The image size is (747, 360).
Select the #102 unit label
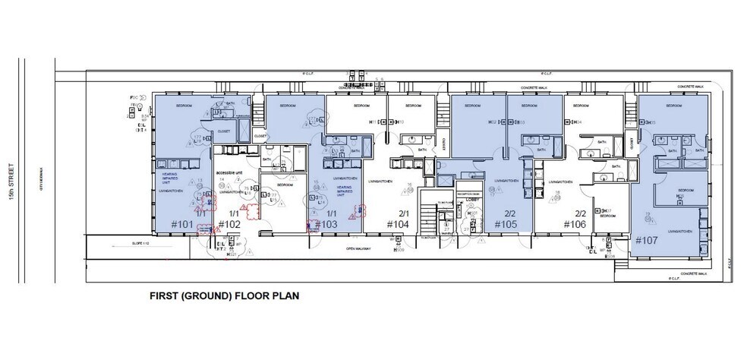click(x=229, y=225)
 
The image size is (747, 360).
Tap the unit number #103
click(x=324, y=225)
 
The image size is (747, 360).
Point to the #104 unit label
click(x=399, y=225)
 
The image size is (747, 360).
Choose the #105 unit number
click(x=506, y=225)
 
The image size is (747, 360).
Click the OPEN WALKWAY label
click(x=361, y=248)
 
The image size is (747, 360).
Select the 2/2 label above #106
click(x=580, y=213)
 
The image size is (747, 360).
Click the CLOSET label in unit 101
click(x=223, y=131)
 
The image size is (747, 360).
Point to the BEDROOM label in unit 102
click(x=285, y=185)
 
